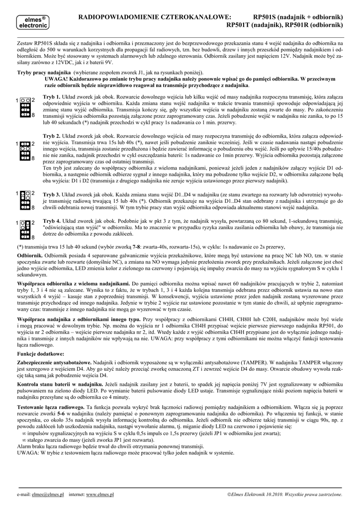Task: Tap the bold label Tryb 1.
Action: click(x=52, y=96)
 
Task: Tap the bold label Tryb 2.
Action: click(x=52, y=136)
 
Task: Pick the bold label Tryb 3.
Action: click(x=52, y=194)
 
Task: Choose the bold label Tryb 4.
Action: click(x=52, y=220)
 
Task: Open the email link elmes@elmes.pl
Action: click(x=48, y=495)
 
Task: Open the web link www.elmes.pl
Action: click(x=100, y=495)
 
